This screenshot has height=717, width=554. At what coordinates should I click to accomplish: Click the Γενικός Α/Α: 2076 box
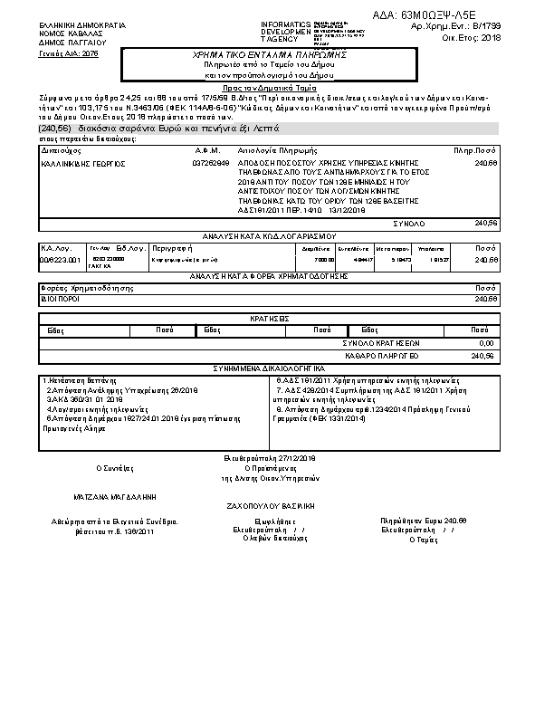[x=68, y=54]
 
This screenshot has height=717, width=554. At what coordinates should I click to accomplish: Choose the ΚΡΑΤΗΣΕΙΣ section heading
[x=270, y=320]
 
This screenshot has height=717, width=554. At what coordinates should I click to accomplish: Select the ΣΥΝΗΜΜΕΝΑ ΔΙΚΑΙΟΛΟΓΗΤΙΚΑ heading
[x=271, y=368]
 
